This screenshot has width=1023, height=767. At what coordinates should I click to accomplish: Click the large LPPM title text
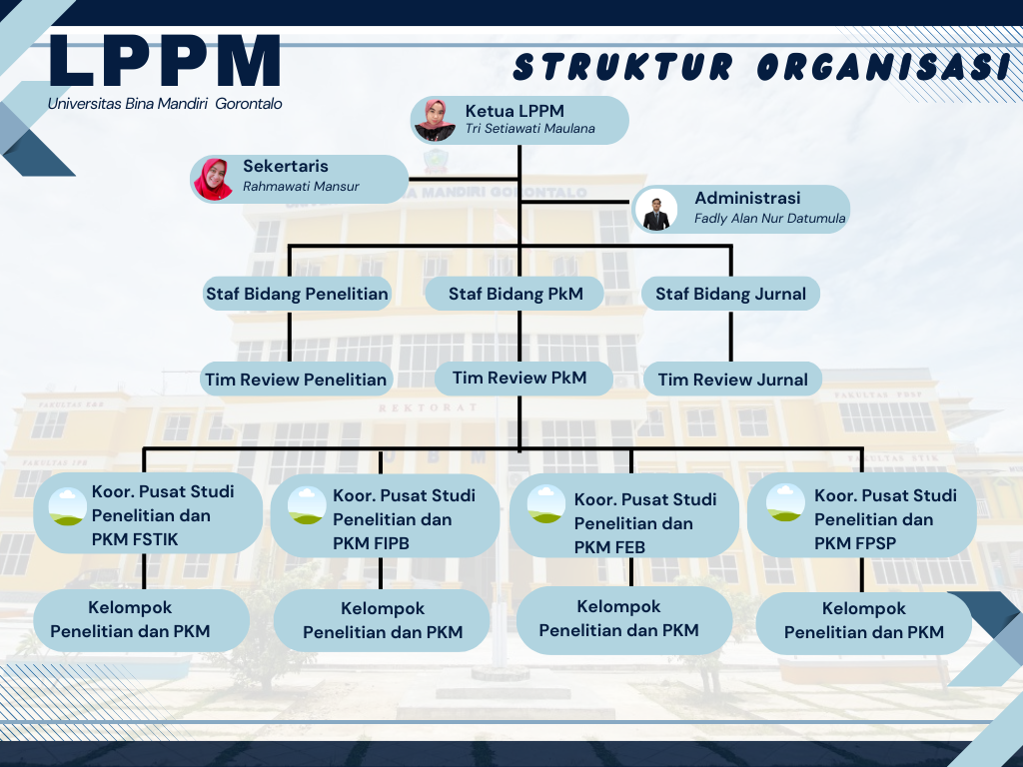165,62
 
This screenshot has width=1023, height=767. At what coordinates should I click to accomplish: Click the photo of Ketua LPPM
435,120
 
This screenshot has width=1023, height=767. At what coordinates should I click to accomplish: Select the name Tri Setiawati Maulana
529,129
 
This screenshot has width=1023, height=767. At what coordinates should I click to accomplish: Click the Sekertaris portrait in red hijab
212,178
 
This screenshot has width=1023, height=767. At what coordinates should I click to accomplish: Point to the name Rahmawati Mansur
301,187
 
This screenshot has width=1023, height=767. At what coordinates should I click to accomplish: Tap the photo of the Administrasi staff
655,210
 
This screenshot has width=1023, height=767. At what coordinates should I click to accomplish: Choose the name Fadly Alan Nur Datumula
769,219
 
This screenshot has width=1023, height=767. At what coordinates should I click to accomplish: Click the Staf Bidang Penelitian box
297,294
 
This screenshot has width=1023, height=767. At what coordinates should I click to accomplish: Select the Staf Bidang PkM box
515,294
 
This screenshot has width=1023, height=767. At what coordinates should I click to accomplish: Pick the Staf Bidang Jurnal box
731,294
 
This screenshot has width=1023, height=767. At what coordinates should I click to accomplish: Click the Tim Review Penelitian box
295,380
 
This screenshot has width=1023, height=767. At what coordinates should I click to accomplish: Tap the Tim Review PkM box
519,378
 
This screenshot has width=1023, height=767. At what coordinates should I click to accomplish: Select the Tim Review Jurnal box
732,380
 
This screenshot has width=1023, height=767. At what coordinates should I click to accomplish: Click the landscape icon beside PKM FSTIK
67,506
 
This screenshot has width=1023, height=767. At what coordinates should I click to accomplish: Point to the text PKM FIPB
372,543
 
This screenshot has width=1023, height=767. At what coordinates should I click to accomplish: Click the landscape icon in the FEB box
546,503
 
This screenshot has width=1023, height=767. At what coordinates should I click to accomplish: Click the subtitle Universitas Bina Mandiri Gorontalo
165,104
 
